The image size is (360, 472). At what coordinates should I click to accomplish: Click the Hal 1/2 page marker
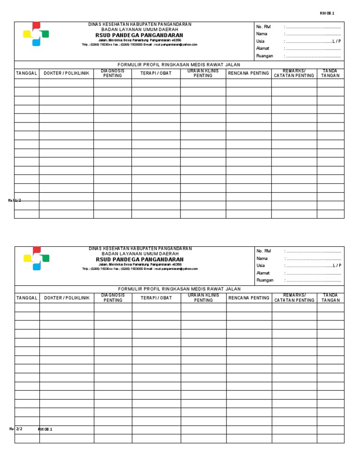[15, 200]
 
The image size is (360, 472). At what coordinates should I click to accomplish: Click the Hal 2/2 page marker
[16, 429]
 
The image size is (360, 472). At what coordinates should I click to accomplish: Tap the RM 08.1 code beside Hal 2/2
[45, 429]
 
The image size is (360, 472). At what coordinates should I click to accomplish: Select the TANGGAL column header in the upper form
[27, 74]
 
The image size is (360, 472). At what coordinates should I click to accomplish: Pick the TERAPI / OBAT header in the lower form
[156, 298]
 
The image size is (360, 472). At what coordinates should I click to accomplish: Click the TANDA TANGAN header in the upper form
[330, 74]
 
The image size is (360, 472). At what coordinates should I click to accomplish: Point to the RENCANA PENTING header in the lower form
[249, 298]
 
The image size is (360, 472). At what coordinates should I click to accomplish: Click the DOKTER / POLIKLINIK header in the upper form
[66, 74]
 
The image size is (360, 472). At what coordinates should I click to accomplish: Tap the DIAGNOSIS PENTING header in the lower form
[113, 298]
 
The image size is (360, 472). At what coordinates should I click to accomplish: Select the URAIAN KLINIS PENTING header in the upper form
[203, 74]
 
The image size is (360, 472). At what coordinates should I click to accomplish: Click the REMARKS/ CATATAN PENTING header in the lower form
[294, 298]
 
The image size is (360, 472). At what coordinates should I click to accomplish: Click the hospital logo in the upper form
[36, 34]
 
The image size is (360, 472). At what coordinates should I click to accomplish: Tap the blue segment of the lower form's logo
[37, 266]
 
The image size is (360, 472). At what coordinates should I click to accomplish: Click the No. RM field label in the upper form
[263, 27]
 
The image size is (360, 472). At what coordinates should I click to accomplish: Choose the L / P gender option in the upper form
[337, 41]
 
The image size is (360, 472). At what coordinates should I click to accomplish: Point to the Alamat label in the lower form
[263, 273]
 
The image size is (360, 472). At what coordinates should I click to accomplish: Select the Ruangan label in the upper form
[264, 56]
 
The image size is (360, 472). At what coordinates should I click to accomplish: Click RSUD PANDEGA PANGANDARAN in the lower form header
[140, 259]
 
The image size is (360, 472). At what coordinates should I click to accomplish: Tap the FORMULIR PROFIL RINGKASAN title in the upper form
[179, 65]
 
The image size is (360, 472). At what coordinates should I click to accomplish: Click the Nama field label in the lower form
[262, 259]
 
